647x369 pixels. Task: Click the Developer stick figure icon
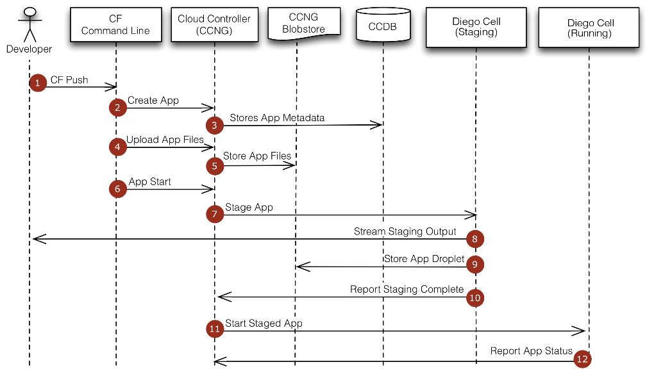tap(29, 22)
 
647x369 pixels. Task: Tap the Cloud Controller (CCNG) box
tap(214, 24)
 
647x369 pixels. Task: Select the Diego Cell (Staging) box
tap(475, 27)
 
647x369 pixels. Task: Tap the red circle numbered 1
tap(38, 83)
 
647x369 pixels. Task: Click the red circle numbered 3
tap(214, 126)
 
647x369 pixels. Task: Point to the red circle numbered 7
tap(215, 215)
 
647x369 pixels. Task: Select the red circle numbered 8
tap(475, 239)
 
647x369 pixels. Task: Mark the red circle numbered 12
tap(582, 359)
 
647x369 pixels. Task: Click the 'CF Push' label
tap(69, 80)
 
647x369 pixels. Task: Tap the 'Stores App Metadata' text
tap(277, 118)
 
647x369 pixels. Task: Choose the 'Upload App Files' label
tap(165, 140)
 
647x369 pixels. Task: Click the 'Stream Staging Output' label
tap(405, 231)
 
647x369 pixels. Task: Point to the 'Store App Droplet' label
tap(424, 259)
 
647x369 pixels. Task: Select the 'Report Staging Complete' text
tap(407, 289)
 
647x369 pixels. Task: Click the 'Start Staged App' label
tap(264, 324)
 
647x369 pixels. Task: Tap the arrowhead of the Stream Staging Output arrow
tap(37, 239)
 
